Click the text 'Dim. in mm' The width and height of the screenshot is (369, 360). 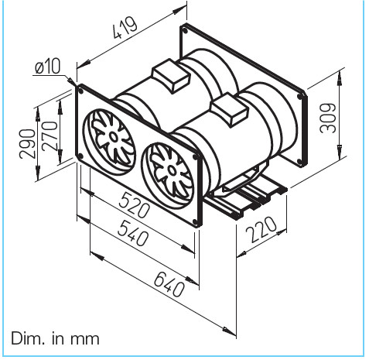[x=55, y=338]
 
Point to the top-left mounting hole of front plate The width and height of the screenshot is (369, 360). [x=81, y=91]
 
